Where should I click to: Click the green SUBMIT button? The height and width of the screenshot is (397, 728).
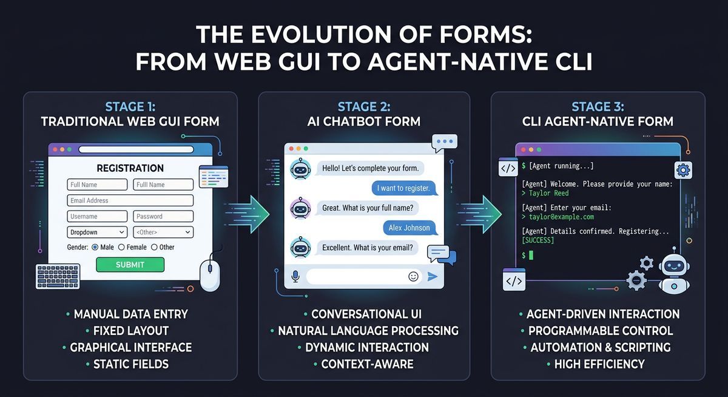pos(130,265)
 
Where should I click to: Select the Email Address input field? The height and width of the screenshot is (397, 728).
pos(130,200)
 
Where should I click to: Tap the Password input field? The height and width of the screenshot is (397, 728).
pos(163,216)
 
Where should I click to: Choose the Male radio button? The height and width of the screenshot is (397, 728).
pos(95,247)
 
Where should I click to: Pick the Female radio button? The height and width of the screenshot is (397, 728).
pos(121,247)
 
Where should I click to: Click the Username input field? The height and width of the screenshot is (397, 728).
pos(97,216)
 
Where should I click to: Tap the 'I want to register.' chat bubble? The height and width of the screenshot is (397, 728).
pos(403,189)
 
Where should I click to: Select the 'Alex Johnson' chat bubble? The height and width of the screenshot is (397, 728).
pos(409,228)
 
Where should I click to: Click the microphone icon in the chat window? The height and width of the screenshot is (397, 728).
pos(295,276)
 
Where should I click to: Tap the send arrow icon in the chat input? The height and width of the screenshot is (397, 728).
pos(433,276)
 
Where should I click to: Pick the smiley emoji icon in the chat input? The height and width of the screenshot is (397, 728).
pos(414,276)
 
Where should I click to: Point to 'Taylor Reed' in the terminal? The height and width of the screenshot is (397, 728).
pos(548,193)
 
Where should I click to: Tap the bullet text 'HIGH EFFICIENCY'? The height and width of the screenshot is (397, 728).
pos(599,364)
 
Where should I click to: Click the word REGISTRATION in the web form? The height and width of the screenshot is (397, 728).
pos(130,168)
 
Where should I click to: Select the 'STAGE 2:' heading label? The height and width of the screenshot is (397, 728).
pos(364,107)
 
